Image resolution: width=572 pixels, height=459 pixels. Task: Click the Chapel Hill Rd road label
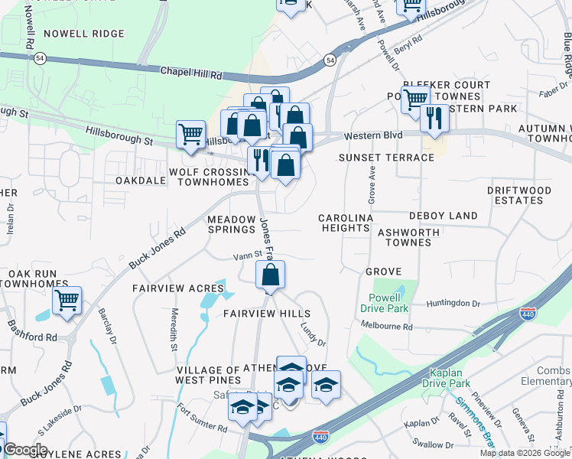[x=190, y=74]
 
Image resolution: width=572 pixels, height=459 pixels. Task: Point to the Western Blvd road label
[x=372, y=135]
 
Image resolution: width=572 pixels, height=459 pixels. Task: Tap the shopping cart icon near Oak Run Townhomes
[x=67, y=302]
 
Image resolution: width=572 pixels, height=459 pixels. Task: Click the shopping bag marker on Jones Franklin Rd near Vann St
[x=270, y=276]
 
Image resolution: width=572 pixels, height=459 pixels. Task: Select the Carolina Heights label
[x=346, y=223]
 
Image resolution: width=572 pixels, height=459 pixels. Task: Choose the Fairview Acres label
[x=178, y=288]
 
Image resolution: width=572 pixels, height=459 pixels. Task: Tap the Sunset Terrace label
[x=387, y=158]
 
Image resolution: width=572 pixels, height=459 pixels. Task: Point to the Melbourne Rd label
[x=387, y=327]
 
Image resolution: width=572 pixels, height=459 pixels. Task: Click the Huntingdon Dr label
[x=453, y=304]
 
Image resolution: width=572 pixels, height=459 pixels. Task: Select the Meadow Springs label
[x=232, y=224]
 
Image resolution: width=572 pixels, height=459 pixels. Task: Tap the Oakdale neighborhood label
[x=140, y=181]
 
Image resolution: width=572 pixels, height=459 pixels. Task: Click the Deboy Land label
[x=443, y=216]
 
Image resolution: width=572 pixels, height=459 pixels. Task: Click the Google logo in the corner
[x=24, y=449]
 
